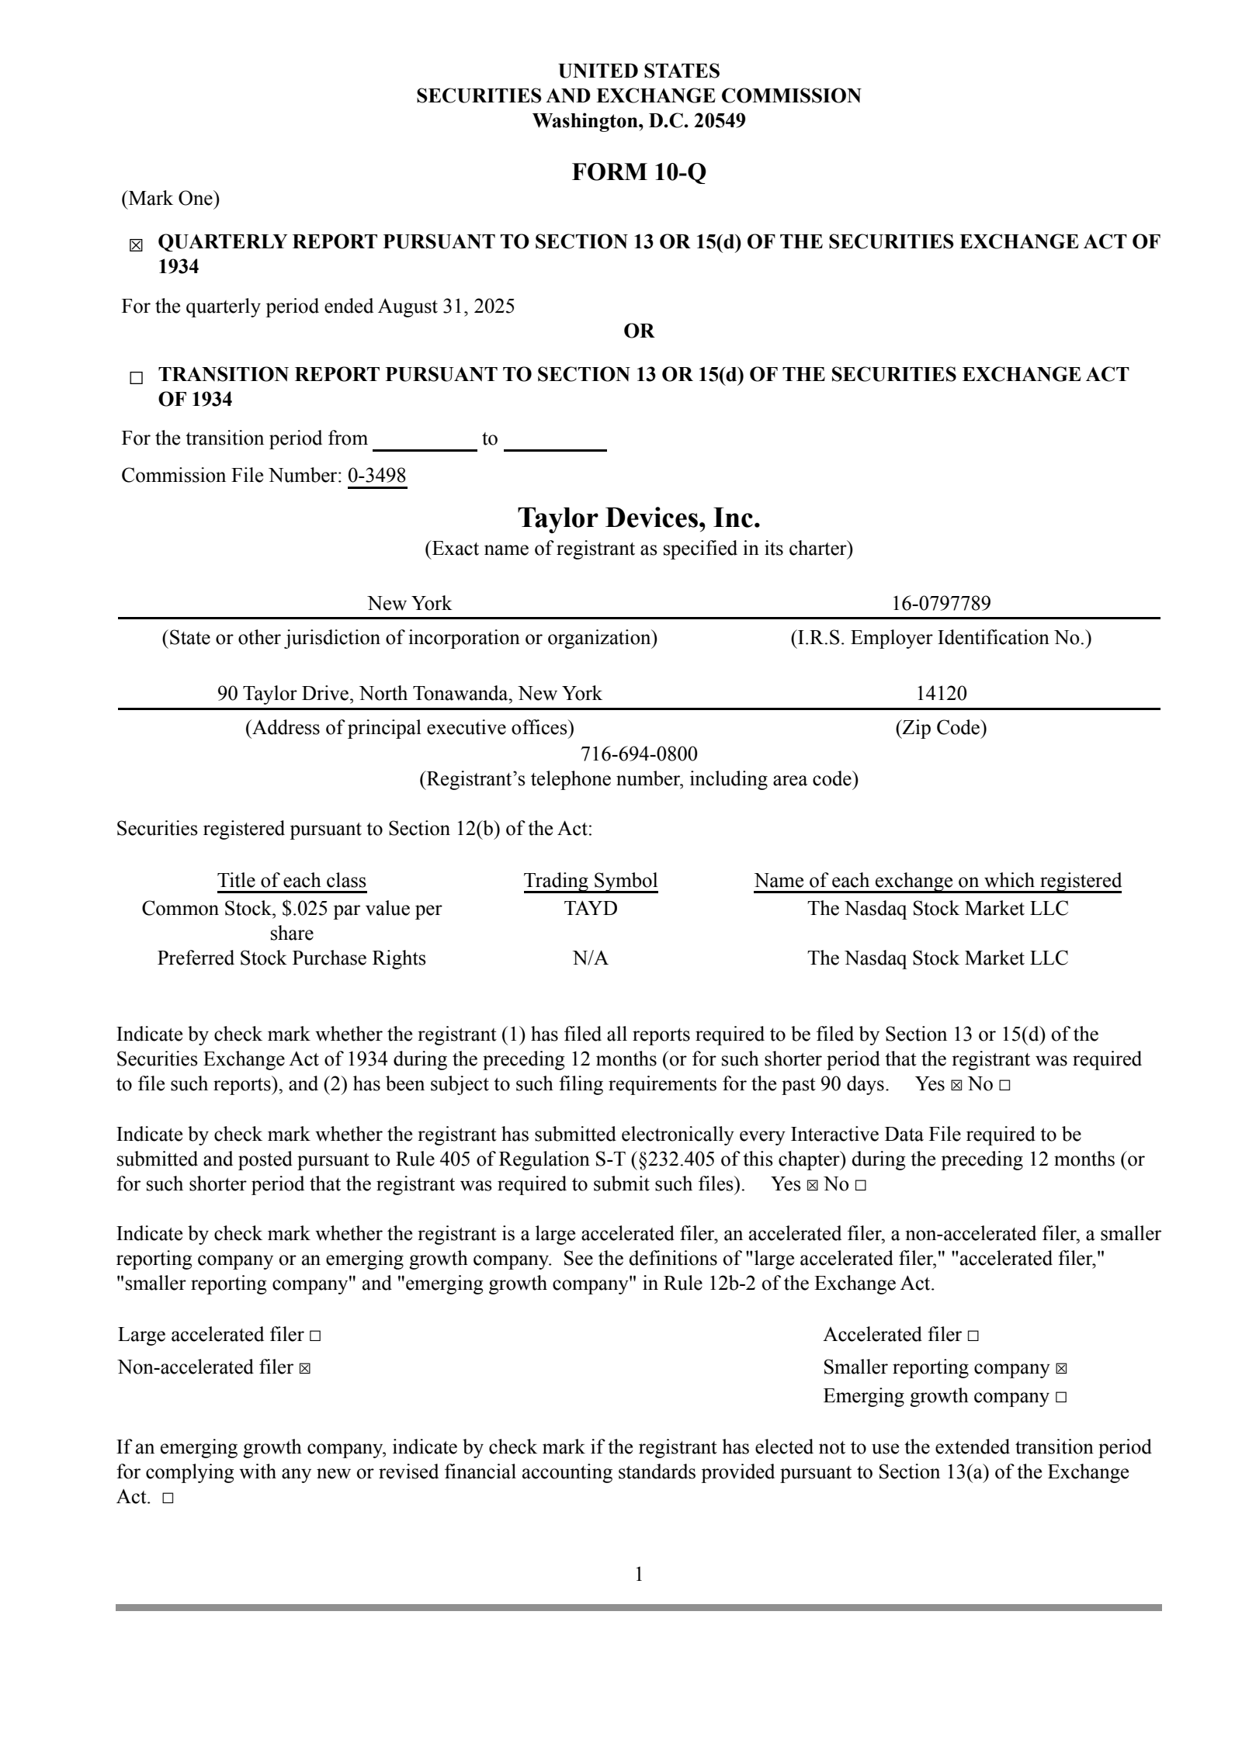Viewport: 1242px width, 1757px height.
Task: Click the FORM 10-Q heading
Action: point(638,172)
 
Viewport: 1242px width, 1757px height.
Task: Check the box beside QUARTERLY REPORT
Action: point(136,246)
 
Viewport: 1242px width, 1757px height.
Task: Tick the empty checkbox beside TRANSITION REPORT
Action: point(136,379)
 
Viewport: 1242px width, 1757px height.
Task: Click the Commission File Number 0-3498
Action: point(376,476)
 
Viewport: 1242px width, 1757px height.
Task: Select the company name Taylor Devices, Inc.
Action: point(638,517)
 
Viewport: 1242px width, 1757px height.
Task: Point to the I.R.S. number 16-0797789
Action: point(941,603)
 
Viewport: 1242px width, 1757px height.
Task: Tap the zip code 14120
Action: point(941,693)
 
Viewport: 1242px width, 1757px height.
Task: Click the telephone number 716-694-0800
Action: point(638,754)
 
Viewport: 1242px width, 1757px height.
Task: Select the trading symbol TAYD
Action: point(590,908)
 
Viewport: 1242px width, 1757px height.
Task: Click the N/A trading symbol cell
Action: point(590,958)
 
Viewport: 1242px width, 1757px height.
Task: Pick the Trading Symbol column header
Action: point(590,881)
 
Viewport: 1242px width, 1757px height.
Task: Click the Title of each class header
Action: point(291,881)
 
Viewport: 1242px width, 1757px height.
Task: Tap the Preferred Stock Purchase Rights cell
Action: point(291,958)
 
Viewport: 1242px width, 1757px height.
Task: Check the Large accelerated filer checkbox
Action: point(314,1336)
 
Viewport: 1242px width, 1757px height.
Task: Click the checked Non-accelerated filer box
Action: point(304,1368)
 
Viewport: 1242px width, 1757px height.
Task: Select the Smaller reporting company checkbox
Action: point(1061,1368)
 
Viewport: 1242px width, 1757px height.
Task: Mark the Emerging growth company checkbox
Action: point(1061,1398)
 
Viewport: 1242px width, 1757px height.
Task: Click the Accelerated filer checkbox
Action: point(973,1336)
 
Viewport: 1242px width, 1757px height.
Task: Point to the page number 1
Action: point(638,1574)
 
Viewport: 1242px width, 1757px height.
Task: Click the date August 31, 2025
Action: point(446,307)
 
